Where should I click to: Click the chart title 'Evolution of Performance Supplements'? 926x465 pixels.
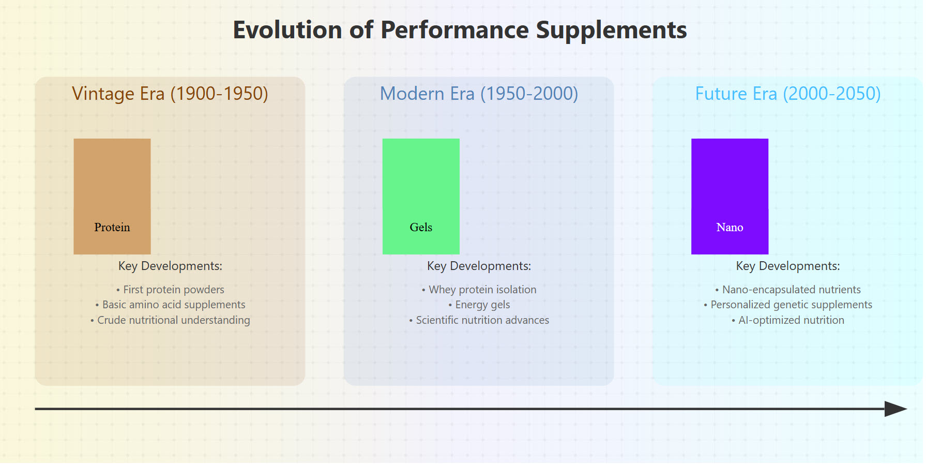tap(460, 30)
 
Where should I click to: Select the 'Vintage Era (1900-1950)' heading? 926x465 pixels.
tap(170, 94)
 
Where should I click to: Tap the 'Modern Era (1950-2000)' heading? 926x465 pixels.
tap(479, 94)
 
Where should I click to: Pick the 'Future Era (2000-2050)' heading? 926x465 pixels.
tap(787, 94)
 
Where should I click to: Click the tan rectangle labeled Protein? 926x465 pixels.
tap(112, 196)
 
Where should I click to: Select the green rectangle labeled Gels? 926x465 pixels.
tap(421, 196)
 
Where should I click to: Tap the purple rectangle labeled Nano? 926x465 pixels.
tap(730, 196)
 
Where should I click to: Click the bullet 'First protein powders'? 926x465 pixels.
tap(170, 290)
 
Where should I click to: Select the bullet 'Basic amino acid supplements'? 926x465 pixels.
tap(170, 305)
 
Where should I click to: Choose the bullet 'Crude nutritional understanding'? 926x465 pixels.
tap(170, 320)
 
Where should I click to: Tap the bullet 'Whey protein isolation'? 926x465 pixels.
tap(479, 290)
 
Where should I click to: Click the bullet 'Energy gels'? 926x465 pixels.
tap(479, 305)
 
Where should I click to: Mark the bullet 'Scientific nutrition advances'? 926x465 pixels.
tap(479, 320)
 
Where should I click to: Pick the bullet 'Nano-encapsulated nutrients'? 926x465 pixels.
tap(787, 290)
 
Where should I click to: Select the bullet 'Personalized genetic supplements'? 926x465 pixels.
tap(787, 305)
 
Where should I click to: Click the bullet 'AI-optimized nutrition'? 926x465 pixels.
tap(787, 320)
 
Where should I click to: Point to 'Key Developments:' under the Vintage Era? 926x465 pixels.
tap(170, 266)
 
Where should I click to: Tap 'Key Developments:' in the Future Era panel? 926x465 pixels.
tap(787, 266)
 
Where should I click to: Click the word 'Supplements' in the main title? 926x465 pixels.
tap(611, 30)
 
